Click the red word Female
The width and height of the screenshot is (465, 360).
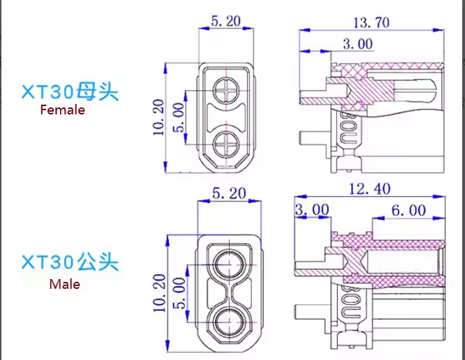[62, 110]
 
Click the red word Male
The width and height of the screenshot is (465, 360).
[64, 285]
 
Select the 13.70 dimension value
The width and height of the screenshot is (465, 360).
[370, 22]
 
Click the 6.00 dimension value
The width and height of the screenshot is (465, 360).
[408, 210]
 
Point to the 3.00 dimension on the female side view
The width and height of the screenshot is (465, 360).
[357, 45]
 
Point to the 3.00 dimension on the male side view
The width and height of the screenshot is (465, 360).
[312, 210]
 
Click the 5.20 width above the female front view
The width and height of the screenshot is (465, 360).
[226, 22]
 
